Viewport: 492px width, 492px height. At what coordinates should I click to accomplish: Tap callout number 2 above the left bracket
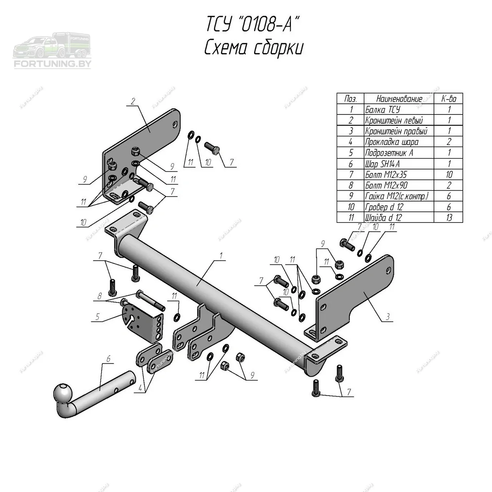[x=133, y=101]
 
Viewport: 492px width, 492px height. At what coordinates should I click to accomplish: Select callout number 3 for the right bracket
[x=388, y=317]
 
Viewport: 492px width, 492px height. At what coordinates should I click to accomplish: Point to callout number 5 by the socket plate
[x=98, y=317]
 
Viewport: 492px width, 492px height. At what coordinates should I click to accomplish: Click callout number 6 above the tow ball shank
[x=108, y=359]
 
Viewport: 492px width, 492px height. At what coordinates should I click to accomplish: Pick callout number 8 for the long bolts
[x=100, y=296]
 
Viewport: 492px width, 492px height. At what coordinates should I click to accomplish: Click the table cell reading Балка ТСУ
[x=382, y=110]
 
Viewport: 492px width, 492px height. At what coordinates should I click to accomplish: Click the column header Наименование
[x=399, y=99]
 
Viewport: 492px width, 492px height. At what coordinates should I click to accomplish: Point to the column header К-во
[x=449, y=99]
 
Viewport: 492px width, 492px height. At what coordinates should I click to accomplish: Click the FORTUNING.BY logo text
[x=53, y=64]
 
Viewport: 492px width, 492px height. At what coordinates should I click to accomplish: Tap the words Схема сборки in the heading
[x=254, y=49]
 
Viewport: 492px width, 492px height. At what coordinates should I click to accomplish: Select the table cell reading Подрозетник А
[x=389, y=153]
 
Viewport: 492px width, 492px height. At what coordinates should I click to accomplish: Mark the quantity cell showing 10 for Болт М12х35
[x=449, y=175]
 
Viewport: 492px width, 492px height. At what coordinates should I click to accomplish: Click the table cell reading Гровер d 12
[x=384, y=207]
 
